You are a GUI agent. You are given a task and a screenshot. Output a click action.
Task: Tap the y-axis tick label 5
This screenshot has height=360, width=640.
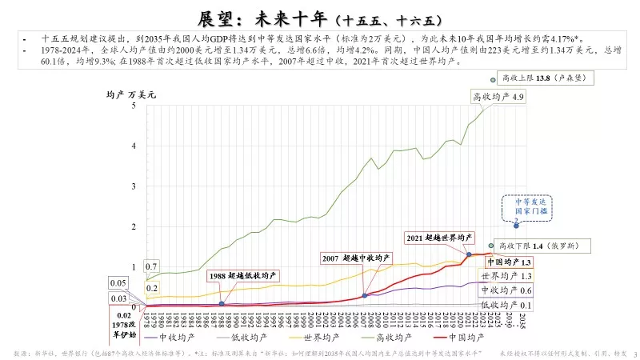[134, 105]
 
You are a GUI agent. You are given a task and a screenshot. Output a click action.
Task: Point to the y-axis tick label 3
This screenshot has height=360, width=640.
[134, 186]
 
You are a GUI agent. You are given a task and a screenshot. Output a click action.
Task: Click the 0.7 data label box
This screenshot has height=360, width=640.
[150, 266]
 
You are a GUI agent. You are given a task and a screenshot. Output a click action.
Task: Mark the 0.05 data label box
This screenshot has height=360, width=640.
[118, 283]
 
